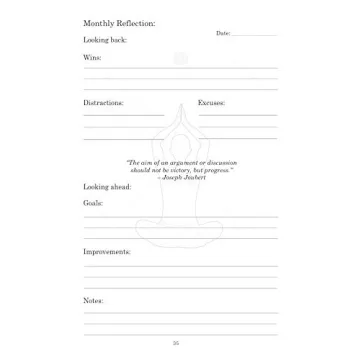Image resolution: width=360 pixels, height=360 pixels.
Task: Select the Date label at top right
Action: click(x=222, y=33)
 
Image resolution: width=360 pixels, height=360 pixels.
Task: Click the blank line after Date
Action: click(x=254, y=35)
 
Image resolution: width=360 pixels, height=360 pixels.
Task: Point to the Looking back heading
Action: click(x=98, y=40)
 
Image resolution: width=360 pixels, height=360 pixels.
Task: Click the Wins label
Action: click(x=92, y=57)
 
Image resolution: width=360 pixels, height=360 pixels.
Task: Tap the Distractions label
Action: click(x=103, y=102)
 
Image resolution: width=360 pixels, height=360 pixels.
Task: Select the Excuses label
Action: click(x=211, y=102)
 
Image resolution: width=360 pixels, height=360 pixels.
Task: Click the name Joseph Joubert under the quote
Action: click(x=182, y=176)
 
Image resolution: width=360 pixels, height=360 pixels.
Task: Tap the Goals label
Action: click(x=93, y=203)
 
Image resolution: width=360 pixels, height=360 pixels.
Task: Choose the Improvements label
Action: click(x=107, y=251)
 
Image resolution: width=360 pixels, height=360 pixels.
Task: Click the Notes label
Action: click(x=93, y=300)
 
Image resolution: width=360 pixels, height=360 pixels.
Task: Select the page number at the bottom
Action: click(x=176, y=343)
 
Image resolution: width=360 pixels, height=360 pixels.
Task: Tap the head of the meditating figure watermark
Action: click(x=180, y=59)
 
